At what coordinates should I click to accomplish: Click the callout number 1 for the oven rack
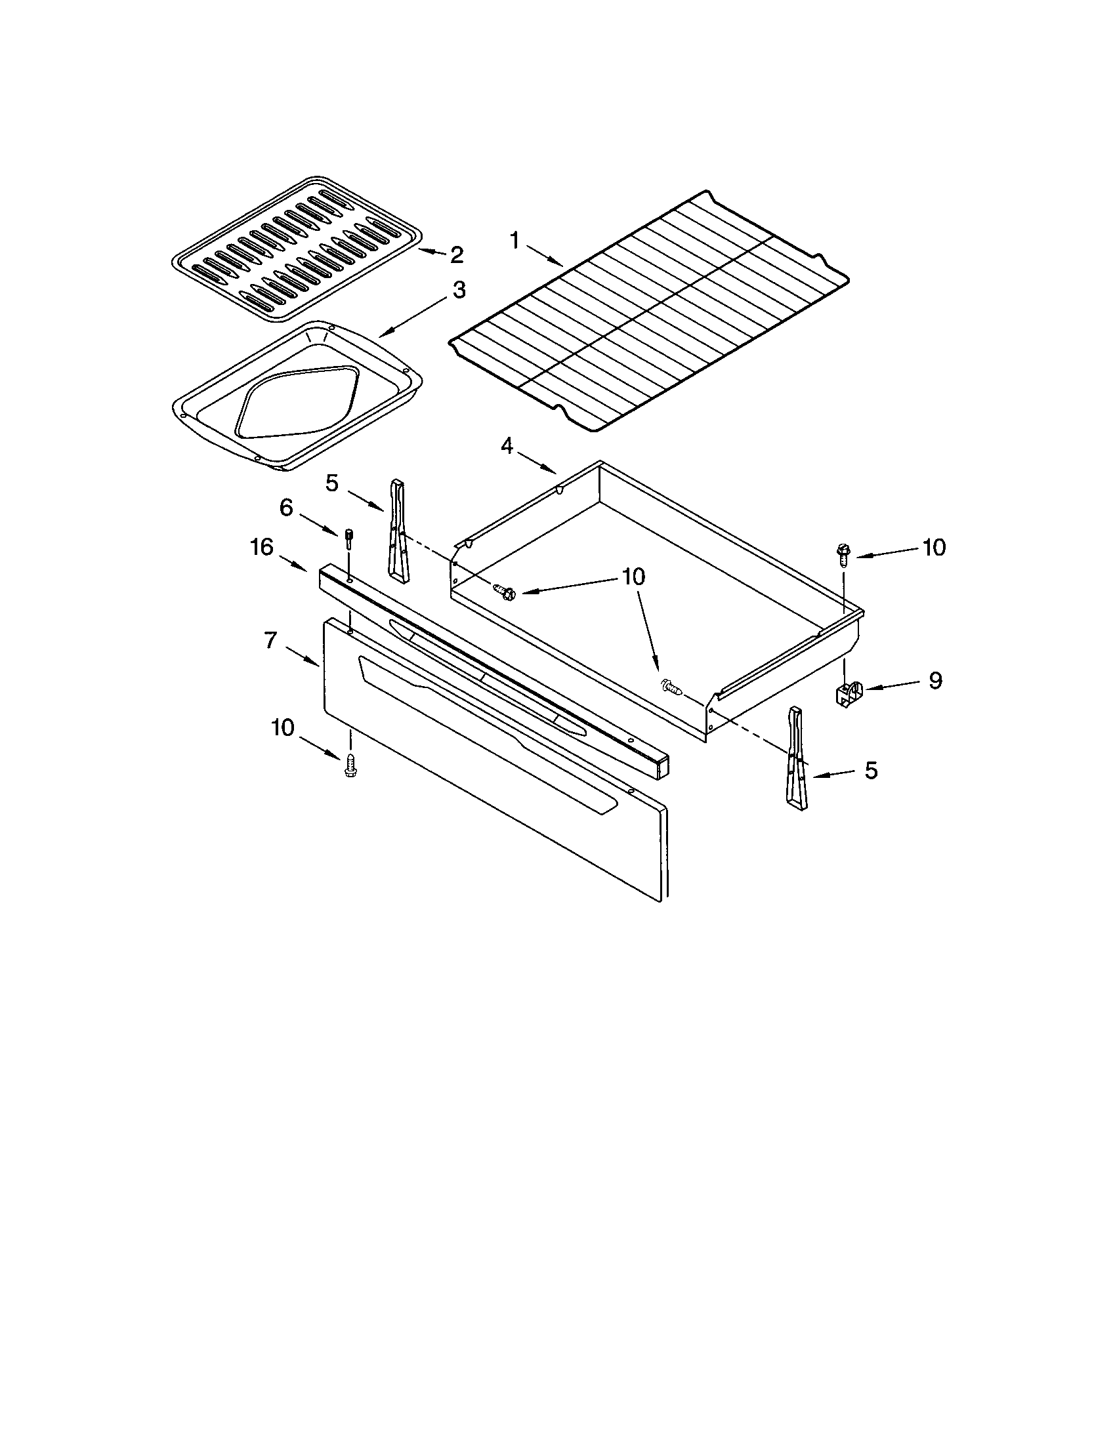click(515, 241)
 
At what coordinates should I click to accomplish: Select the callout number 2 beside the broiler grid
click(456, 254)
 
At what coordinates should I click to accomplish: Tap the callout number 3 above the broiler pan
click(459, 290)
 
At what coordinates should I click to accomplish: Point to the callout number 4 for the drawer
click(506, 447)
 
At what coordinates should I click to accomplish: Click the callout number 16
click(262, 547)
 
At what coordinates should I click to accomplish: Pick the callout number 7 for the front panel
click(270, 640)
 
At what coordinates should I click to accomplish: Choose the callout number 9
click(935, 681)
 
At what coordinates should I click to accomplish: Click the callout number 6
click(285, 508)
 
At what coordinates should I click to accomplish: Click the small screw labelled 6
click(348, 539)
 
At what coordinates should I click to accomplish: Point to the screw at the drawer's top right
click(843, 554)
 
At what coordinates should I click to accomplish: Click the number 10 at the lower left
click(282, 727)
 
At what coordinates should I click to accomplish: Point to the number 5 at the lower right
click(871, 771)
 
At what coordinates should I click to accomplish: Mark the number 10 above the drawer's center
click(633, 576)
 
